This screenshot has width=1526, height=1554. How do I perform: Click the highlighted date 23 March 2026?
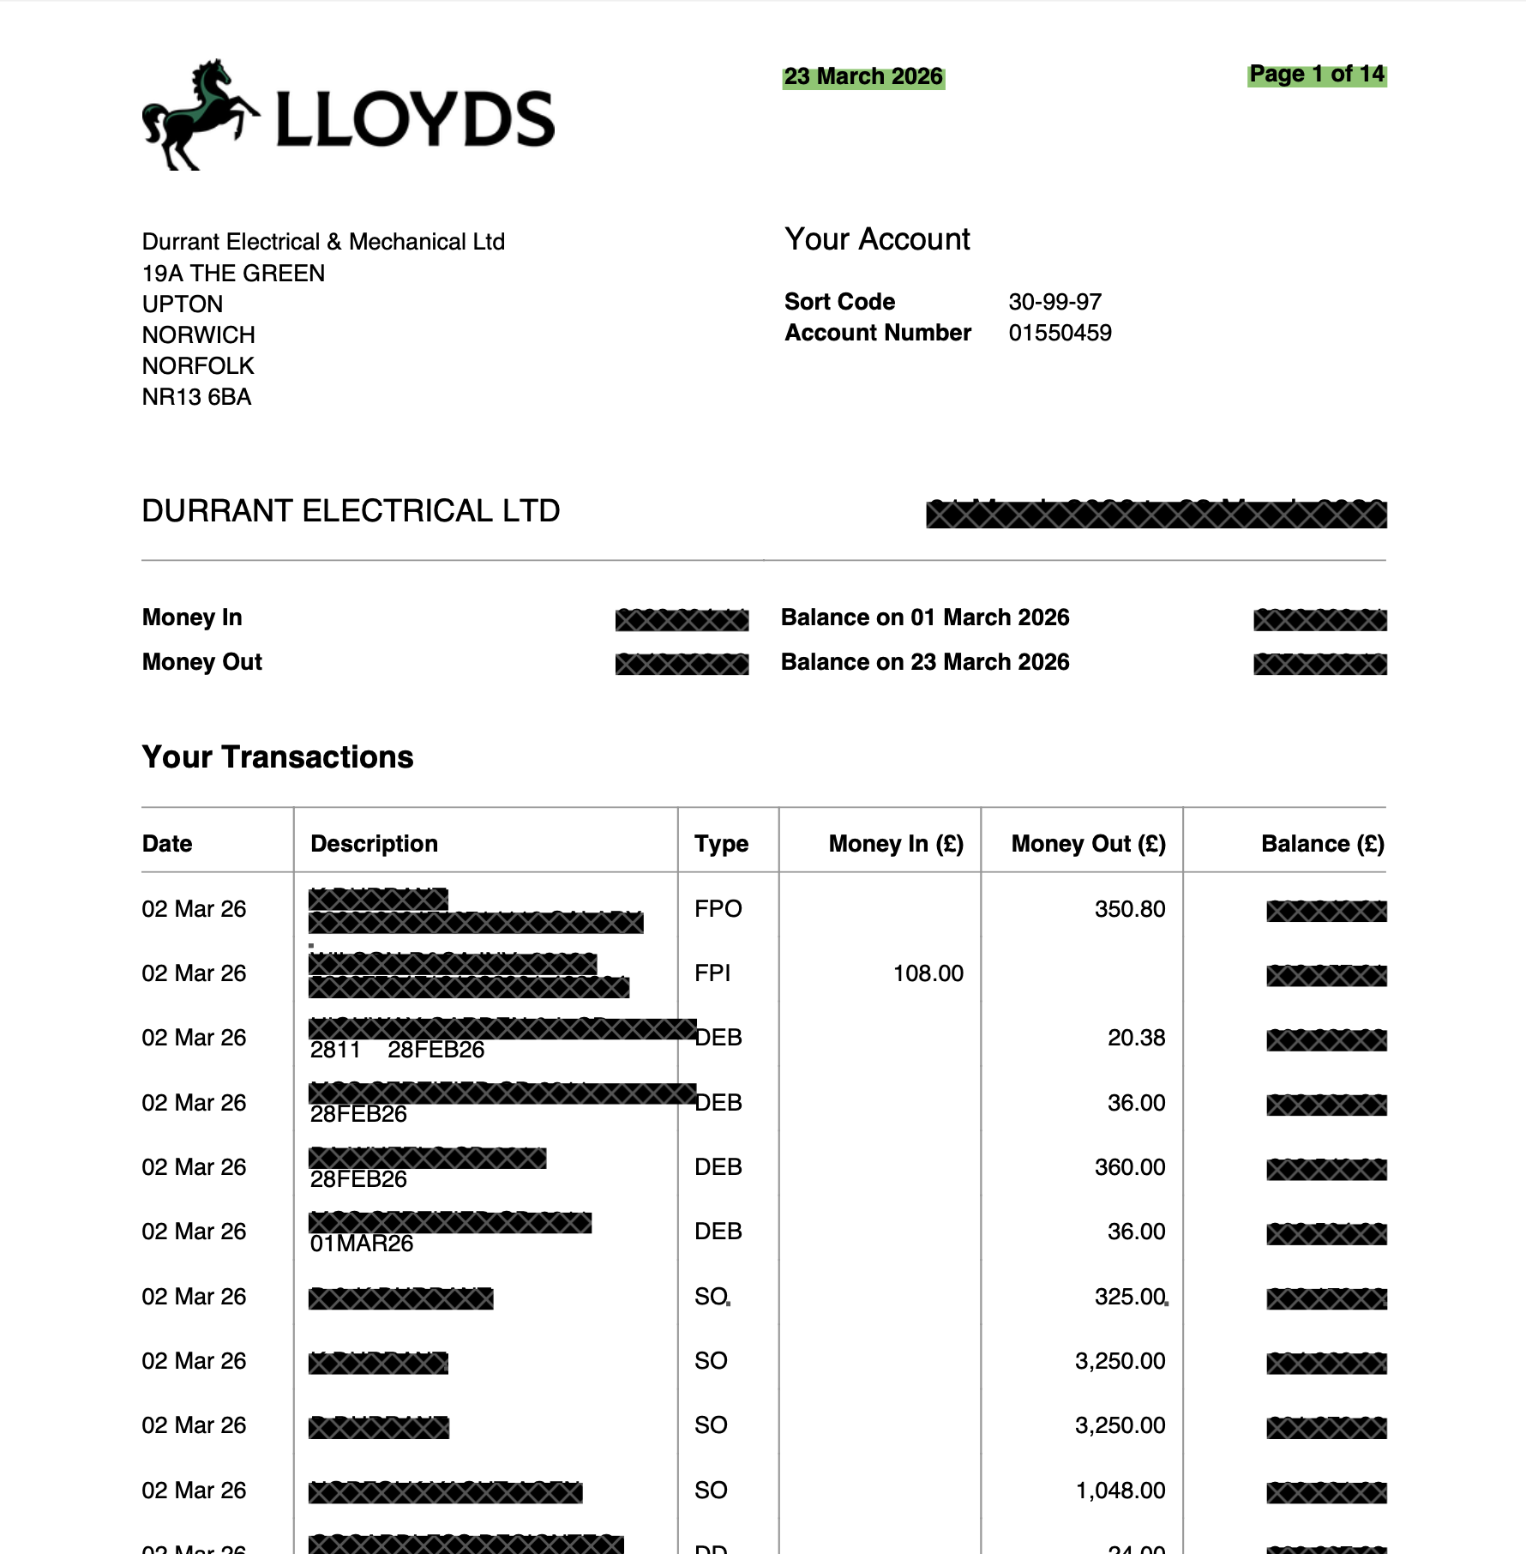coord(863,77)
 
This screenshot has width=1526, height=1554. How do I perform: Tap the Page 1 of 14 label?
coord(1316,75)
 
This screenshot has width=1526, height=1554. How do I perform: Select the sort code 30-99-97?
coord(1054,302)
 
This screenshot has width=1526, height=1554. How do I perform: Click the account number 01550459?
coord(1060,333)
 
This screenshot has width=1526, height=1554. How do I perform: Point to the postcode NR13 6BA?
coord(196,397)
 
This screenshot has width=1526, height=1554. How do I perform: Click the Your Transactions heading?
coord(278,757)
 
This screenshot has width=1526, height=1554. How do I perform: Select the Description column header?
coord(374,844)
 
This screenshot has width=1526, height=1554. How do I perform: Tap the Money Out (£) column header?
coord(1088,844)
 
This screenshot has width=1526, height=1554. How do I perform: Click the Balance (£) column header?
coord(1322,844)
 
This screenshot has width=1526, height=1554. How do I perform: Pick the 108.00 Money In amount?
coord(928,973)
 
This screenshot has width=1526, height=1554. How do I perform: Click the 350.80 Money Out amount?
coord(1129,909)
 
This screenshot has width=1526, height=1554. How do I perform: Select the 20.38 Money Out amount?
coord(1136,1038)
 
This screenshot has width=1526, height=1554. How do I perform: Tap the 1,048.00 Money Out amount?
coord(1120,1491)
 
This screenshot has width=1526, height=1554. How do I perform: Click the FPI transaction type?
coord(712,973)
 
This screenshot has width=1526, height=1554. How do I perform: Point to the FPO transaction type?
coord(718,909)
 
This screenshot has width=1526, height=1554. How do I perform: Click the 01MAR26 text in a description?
coord(361,1244)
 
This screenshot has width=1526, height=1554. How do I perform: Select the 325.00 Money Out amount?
coord(1129,1297)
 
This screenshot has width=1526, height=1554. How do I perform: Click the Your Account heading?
coord(877,239)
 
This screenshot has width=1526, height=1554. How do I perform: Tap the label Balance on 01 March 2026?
coord(924,617)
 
